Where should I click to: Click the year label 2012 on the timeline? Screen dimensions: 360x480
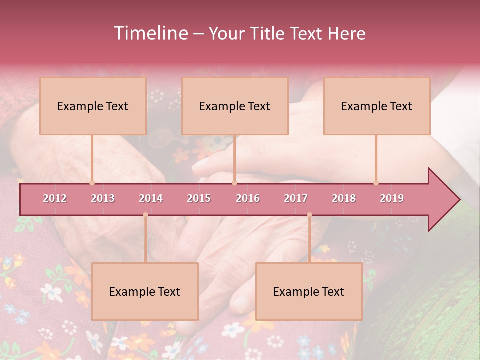click(x=55, y=198)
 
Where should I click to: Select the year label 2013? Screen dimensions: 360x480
click(x=103, y=198)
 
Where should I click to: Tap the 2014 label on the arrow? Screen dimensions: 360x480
click(x=151, y=198)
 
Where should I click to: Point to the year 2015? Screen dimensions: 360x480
click(x=199, y=198)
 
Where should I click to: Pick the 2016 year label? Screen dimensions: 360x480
click(x=248, y=198)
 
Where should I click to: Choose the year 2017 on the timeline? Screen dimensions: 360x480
click(x=296, y=198)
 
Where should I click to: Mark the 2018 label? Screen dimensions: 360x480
click(x=344, y=198)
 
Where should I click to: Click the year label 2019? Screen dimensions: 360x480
click(x=392, y=198)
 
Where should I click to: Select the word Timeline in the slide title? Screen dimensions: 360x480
click(x=150, y=33)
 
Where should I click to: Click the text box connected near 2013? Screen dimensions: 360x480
click(x=93, y=106)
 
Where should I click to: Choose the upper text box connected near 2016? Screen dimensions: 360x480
click(x=235, y=106)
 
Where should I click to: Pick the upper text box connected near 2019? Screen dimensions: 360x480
click(x=377, y=106)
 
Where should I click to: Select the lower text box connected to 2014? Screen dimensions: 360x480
click(x=145, y=292)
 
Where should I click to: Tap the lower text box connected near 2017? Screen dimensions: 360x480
click(x=309, y=292)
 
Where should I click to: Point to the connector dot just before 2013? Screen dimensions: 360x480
click(x=92, y=183)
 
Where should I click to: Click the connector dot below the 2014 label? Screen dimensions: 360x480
click(x=145, y=215)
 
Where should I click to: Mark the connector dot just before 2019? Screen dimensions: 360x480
click(x=376, y=183)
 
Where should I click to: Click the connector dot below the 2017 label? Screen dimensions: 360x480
click(x=309, y=215)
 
